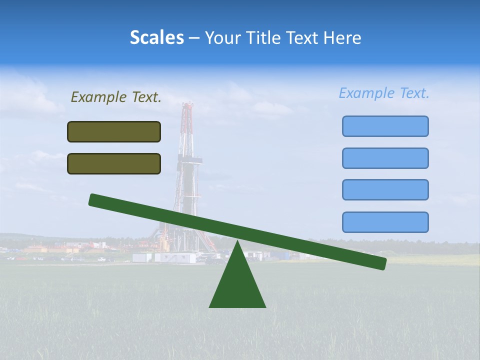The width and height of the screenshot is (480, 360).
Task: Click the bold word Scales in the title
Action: (156, 37)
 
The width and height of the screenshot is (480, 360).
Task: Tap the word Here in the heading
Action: (342, 37)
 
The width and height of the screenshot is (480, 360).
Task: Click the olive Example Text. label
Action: (116, 97)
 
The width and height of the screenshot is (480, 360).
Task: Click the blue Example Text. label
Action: (384, 93)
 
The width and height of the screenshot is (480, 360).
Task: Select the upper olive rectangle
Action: (114, 131)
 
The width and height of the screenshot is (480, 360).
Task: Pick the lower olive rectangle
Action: (114, 163)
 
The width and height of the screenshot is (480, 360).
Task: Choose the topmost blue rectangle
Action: (385, 126)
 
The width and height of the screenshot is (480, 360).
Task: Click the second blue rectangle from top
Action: (385, 158)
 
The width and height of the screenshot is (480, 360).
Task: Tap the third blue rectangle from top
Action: (385, 190)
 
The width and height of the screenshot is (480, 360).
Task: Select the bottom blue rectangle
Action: (385, 222)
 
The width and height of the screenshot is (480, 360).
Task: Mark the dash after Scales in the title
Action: (194, 38)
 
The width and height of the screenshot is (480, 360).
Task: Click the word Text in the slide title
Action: (304, 37)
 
